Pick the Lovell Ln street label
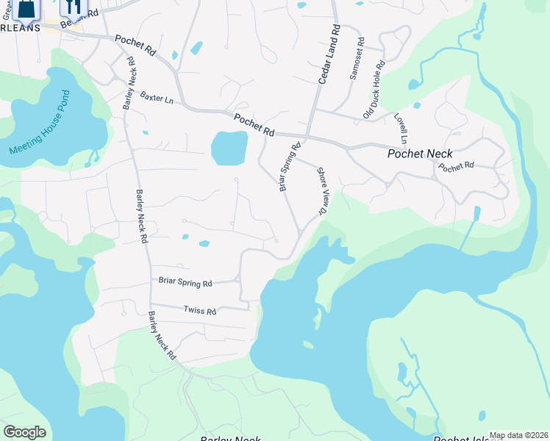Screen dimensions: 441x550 pyautogui.click(x=401, y=128)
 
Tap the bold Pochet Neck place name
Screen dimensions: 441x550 pyautogui.click(x=420, y=154)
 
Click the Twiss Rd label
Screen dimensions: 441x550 pyautogui.click(x=200, y=311)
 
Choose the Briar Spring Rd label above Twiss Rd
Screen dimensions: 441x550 pyautogui.click(x=185, y=282)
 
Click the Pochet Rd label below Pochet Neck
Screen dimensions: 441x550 pyautogui.click(x=456, y=166)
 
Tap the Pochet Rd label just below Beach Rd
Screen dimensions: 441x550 pyautogui.click(x=135, y=46)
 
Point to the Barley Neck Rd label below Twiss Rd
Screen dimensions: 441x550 pyautogui.click(x=162, y=335)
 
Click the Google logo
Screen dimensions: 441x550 pyautogui.click(x=24, y=432)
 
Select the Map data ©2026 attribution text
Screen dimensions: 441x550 pyautogui.click(x=518, y=435)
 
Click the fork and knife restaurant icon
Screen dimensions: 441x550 pyautogui.click(x=73, y=7)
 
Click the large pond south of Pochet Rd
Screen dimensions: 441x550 pyautogui.click(x=229, y=148)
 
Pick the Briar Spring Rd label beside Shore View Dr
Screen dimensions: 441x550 pyautogui.click(x=289, y=167)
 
